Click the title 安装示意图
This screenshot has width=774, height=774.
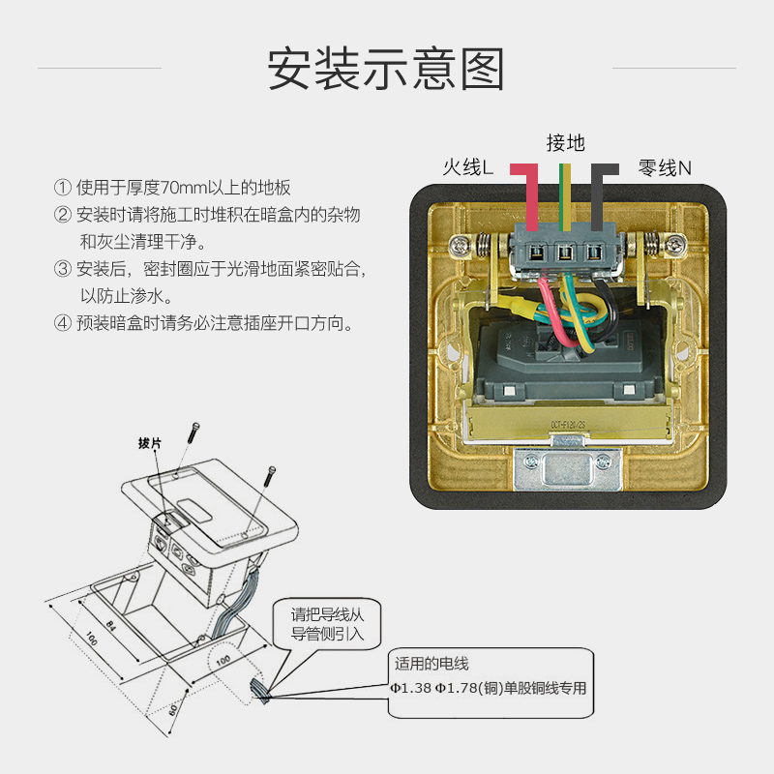click(x=386, y=69)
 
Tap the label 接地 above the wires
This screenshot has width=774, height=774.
click(x=565, y=143)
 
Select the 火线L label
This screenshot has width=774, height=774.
click(x=468, y=168)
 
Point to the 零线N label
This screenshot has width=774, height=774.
click(x=665, y=168)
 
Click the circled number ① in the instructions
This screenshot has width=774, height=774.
click(x=63, y=188)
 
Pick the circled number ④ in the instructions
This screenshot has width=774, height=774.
click(x=63, y=323)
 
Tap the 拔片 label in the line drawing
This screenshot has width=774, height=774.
click(x=150, y=443)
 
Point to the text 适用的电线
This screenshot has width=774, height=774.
click(x=432, y=664)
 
